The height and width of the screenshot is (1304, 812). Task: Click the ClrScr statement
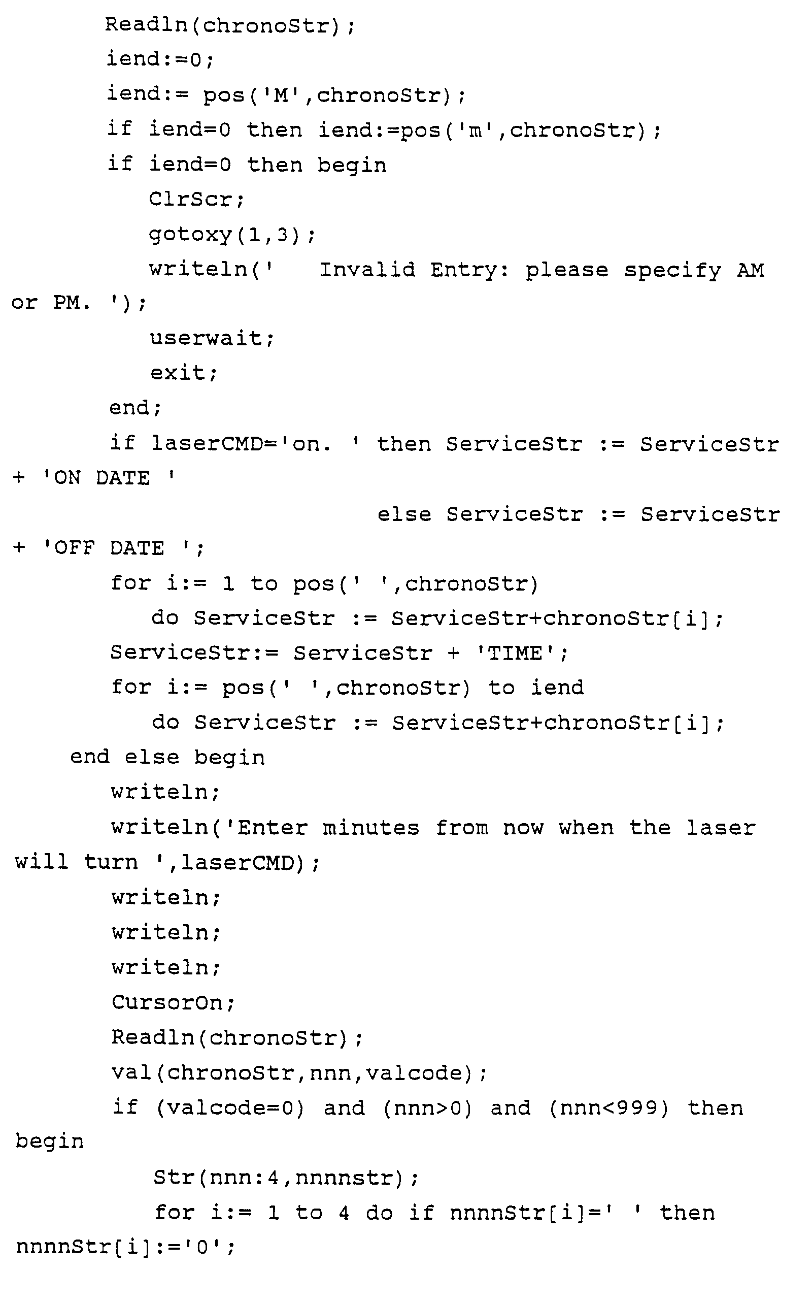[196, 200]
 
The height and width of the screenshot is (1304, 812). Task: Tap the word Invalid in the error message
[367, 269]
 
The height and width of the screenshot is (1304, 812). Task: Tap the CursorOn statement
[173, 1002]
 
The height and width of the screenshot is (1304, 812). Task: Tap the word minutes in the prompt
[370, 827]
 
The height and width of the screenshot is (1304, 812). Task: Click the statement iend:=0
[160, 58]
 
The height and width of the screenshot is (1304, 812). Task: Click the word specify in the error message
[672, 270]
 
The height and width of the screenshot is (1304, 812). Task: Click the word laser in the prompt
[721, 827]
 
